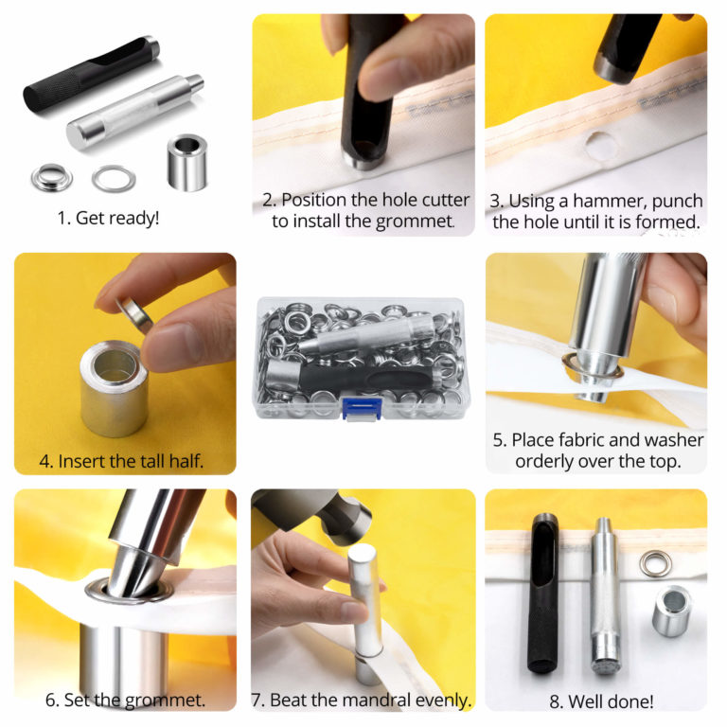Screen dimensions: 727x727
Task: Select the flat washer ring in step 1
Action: click(114, 177)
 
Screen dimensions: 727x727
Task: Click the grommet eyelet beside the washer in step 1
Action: click(48, 174)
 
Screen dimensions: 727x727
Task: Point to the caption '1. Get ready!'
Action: click(108, 217)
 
